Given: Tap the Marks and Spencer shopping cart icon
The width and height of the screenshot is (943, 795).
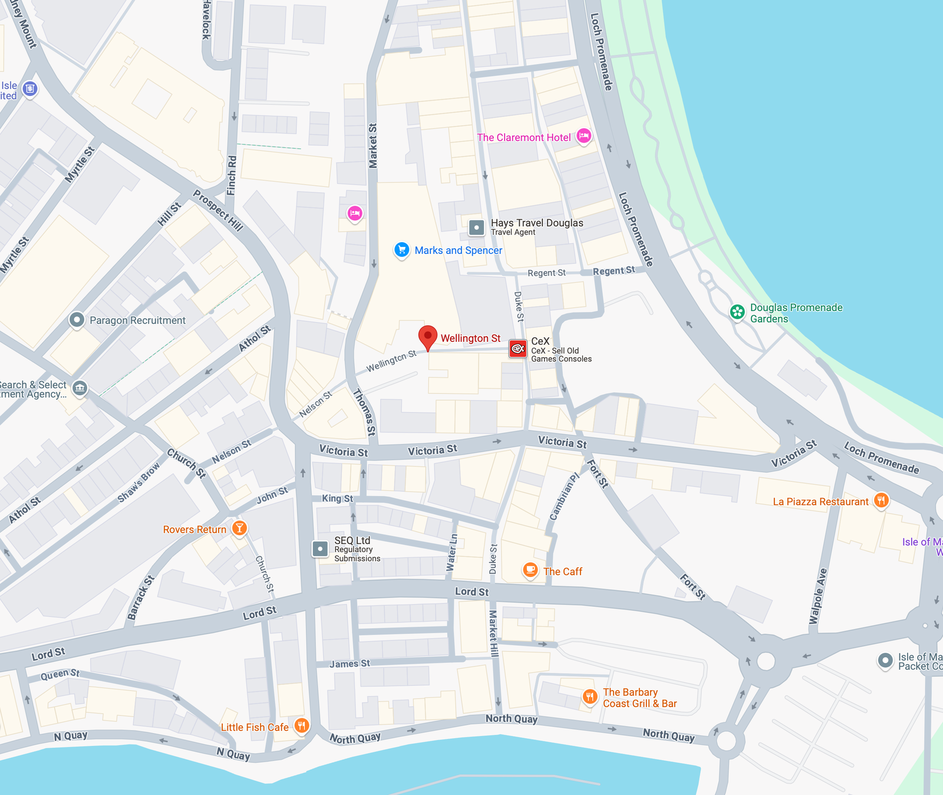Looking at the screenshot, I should [401, 250].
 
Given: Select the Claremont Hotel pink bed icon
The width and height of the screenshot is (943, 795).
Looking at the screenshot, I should [583, 136].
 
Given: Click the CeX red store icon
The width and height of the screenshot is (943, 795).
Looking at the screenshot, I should [517, 349].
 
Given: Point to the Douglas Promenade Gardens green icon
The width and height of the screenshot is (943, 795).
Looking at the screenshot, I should [737, 312].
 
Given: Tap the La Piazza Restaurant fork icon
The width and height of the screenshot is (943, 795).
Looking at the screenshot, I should [881, 501].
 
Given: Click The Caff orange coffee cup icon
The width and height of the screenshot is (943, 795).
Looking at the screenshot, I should [530, 570].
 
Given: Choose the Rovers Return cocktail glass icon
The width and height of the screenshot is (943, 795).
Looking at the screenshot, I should [239, 528].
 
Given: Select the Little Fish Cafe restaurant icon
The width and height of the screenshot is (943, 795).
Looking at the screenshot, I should [301, 725].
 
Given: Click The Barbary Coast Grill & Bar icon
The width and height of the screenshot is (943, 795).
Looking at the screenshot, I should [589, 697].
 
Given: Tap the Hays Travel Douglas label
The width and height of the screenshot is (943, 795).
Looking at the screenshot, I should [536, 223].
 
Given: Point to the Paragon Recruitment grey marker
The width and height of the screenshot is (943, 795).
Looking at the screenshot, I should [77, 319].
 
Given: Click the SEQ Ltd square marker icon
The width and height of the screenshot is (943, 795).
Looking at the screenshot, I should [320, 549].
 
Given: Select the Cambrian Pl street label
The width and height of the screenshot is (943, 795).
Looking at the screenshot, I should [564, 497].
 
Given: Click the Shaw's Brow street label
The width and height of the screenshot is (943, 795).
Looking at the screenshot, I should [139, 483].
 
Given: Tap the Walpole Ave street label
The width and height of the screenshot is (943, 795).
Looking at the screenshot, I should [818, 596].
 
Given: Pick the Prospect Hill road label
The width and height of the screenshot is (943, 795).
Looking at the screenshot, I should [217, 210].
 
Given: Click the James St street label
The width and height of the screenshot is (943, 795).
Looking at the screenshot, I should [349, 664].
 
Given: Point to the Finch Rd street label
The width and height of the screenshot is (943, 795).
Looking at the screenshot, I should [232, 175].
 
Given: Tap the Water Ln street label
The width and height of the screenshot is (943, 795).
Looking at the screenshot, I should [451, 552].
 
